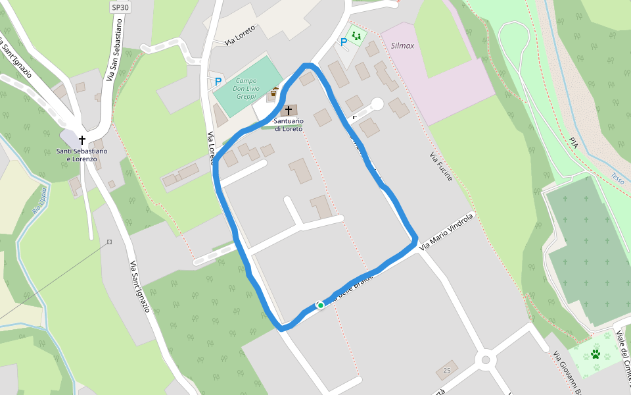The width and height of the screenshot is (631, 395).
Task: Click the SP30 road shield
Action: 120,7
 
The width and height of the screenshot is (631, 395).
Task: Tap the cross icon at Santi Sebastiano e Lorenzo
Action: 82,140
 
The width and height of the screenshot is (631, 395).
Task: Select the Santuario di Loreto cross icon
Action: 289,110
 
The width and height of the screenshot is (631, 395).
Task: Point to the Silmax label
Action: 402,46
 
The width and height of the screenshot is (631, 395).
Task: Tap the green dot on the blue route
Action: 320,305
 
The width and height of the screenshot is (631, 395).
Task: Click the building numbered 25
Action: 447,370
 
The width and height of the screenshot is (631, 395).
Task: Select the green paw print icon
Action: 596,354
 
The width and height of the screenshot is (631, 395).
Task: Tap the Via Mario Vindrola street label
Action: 446,231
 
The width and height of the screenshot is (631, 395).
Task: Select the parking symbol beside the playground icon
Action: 343,42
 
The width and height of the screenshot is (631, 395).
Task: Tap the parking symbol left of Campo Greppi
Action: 218,82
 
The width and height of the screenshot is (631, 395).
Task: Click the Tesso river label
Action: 617,178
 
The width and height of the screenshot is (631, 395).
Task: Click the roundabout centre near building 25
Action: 486,359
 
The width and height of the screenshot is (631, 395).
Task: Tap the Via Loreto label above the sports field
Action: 240,36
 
